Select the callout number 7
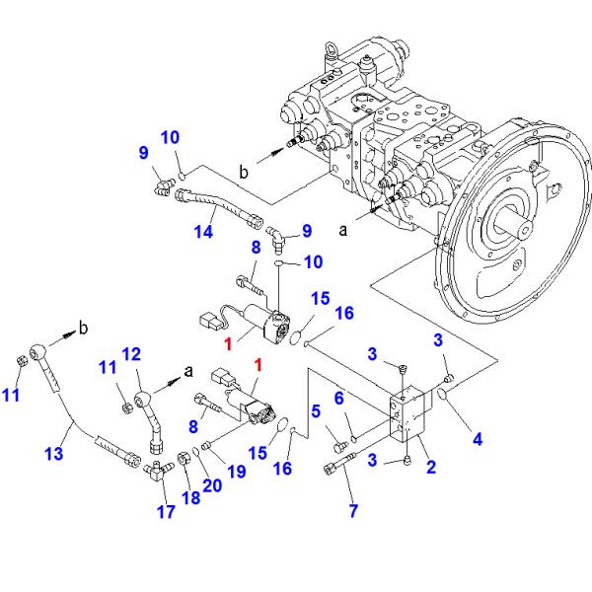(353, 510)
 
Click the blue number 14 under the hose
(202, 234)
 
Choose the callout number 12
(131, 354)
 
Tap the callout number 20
(210, 484)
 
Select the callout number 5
(316, 411)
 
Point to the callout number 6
(337, 398)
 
